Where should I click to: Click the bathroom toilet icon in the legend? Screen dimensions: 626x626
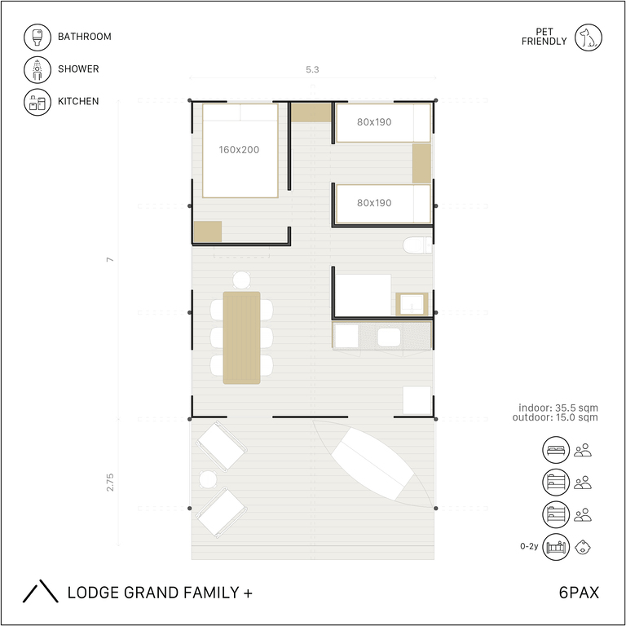pyautogui.click(x=37, y=37)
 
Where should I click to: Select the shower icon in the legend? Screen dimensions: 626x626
pyautogui.click(x=37, y=69)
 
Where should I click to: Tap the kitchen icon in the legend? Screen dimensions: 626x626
pyautogui.click(x=37, y=102)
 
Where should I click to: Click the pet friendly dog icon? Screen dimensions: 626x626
pyautogui.click(x=588, y=37)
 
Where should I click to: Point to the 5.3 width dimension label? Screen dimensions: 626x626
pyautogui.click(x=312, y=69)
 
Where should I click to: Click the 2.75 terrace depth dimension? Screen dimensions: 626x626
pyautogui.click(x=110, y=483)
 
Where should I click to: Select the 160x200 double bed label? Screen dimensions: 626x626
pyautogui.click(x=239, y=150)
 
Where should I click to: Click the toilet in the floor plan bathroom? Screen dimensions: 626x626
pyautogui.click(x=417, y=245)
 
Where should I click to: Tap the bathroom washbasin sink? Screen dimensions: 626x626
pyautogui.click(x=412, y=304)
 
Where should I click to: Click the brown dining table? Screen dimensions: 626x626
pyautogui.click(x=241, y=337)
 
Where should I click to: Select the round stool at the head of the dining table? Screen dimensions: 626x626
pyautogui.click(x=241, y=280)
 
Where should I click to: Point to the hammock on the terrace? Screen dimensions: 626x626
pyautogui.click(x=373, y=464)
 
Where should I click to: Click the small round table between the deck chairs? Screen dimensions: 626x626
pyautogui.click(x=208, y=479)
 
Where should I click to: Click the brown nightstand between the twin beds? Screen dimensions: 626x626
pyautogui.click(x=421, y=163)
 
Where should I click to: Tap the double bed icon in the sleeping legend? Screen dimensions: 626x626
pyautogui.click(x=556, y=450)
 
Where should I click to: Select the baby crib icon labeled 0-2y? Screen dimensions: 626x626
pyautogui.click(x=556, y=547)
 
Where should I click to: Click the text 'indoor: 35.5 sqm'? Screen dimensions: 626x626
pyautogui.click(x=558, y=408)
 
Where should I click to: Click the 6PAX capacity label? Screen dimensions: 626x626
pyautogui.click(x=579, y=593)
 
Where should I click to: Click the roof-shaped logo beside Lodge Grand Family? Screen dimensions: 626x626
pyautogui.click(x=40, y=591)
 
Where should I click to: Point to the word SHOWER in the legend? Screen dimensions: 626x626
pyautogui.click(x=78, y=69)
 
